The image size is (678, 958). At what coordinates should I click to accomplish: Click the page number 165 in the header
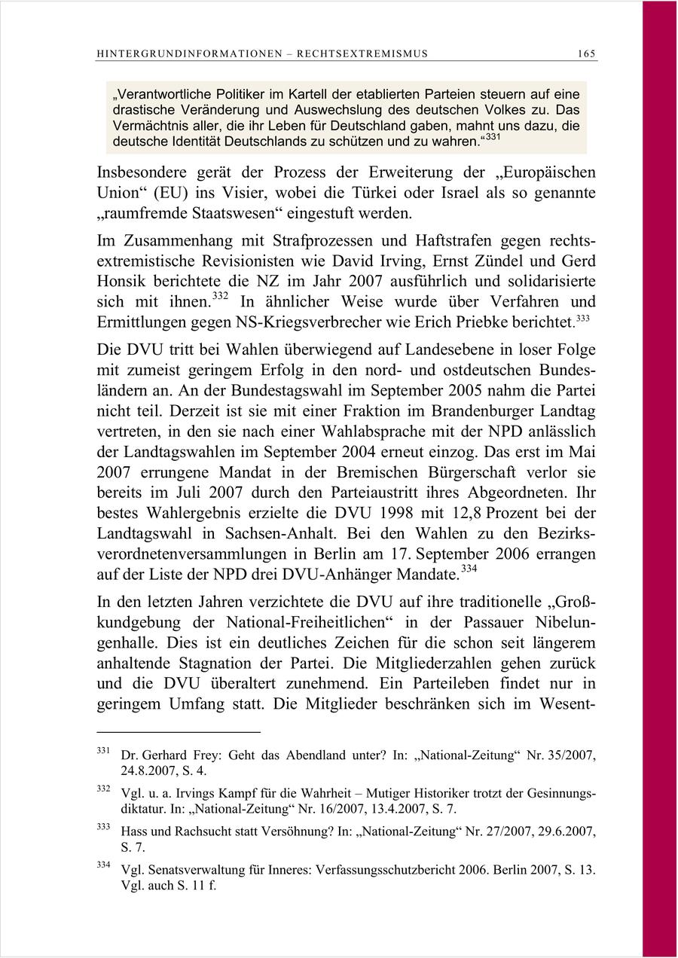pos(587,53)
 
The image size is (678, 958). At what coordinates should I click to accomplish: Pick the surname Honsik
pos(124,281)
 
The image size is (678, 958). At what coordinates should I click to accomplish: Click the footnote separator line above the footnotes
pos(179,731)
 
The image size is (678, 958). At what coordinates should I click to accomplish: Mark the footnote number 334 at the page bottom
pos(105,866)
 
